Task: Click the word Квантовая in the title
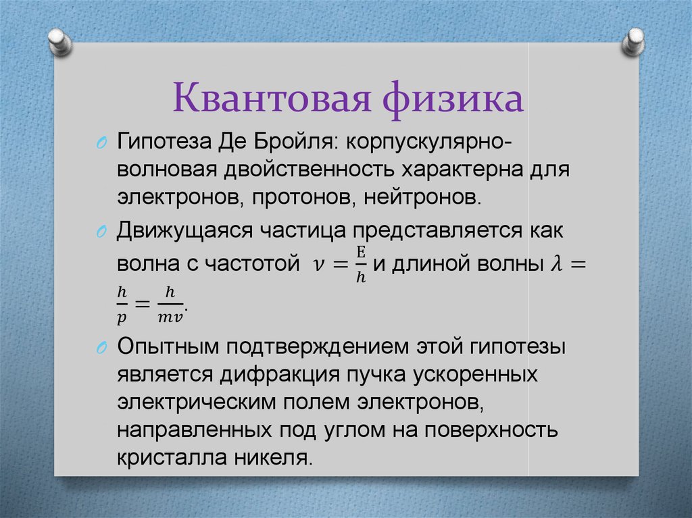(272, 98)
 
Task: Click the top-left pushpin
(59, 43)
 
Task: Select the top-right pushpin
(633, 43)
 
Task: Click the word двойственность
(308, 170)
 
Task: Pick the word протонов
(304, 198)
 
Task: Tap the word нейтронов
(422, 198)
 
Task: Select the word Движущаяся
(184, 231)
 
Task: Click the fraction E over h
(361, 264)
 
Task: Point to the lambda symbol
(558, 263)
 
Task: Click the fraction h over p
(122, 304)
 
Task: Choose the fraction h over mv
(170, 304)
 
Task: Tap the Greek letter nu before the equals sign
(318, 265)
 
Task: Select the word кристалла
(172, 457)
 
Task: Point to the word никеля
(273, 457)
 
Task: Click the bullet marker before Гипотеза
(101, 143)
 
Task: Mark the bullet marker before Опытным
(101, 348)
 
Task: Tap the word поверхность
(491, 430)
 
